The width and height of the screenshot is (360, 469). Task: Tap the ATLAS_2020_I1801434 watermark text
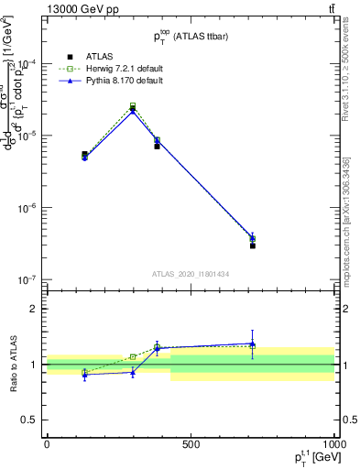[x=190, y=274]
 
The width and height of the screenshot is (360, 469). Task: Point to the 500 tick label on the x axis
[x=191, y=442]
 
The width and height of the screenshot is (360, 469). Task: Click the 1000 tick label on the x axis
[x=333, y=442]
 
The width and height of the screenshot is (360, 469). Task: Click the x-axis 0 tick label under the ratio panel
[x=47, y=442]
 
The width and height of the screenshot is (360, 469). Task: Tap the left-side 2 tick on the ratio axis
[x=34, y=309]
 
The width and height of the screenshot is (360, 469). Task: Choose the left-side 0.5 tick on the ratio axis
[x=31, y=420]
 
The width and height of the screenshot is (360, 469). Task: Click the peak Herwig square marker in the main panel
[x=133, y=106]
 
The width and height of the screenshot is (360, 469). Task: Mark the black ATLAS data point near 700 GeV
[x=253, y=245]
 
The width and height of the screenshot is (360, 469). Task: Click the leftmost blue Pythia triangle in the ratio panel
[x=84, y=375]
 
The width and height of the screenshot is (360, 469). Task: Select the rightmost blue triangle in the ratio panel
[x=253, y=344]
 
